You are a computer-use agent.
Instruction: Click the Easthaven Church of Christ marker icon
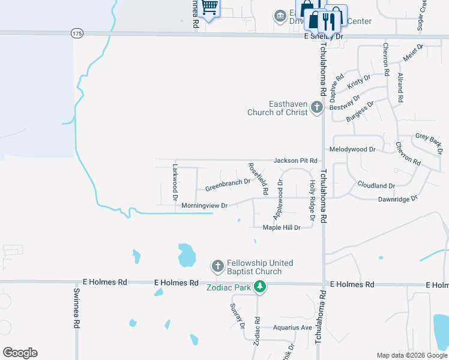(317, 109)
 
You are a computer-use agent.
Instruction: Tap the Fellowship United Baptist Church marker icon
(217, 265)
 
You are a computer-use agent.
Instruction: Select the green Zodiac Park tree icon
(260, 287)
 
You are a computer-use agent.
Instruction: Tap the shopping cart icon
(209, 7)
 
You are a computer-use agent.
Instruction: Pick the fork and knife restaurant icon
(328, 22)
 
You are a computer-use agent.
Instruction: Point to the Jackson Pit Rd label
(295, 161)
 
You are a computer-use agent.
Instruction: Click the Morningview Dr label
(204, 206)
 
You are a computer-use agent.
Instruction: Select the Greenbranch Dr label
(228, 185)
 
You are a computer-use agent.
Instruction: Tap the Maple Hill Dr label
(282, 227)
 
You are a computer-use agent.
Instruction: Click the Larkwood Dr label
(175, 181)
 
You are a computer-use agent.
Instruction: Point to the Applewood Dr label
(278, 199)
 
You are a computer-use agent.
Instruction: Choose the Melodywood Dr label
(352, 149)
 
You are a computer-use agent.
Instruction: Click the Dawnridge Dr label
(397, 199)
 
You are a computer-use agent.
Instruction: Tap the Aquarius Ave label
(292, 328)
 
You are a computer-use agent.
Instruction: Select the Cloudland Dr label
(376, 186)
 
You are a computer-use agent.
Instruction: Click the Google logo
(20, 353)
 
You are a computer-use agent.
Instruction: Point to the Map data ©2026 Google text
(412, 355)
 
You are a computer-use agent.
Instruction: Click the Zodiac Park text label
(229, 287)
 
